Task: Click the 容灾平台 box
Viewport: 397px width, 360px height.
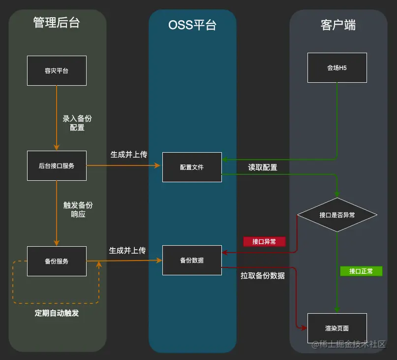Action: coord(57,70)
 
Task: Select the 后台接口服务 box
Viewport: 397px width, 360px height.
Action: coord(57,166)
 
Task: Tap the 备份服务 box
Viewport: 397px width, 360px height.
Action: coord(57,261)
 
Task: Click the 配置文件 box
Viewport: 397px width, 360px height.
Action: coord(192,167)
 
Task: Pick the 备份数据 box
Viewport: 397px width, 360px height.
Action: coord(192,260)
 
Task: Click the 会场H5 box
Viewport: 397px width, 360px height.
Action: coord(337,68)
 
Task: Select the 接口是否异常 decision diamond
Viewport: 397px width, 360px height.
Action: coord(337,215)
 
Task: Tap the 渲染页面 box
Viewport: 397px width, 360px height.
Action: coord(337,328)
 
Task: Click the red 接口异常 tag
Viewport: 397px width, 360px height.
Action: coord(264,241)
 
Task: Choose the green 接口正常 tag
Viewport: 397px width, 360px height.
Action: coord(361,271)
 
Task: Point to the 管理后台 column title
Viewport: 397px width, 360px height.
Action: coord(57,23)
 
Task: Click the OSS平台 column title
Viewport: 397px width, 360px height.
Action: coord(192,25)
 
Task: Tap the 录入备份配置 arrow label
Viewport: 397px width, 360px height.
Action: coord(77,123)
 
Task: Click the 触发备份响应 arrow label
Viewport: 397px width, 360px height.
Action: coord(78,210)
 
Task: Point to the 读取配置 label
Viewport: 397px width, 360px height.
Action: coord(262,167)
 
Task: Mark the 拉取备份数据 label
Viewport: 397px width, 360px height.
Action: coord(263,276)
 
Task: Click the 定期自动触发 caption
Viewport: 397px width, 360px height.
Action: coord(57,313)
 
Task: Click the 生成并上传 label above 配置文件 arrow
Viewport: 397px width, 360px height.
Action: coord(128,154)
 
